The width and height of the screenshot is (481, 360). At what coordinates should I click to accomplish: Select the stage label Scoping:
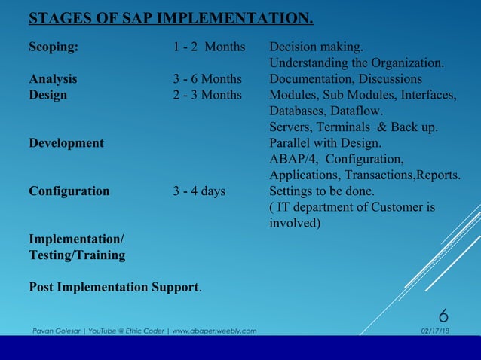54,47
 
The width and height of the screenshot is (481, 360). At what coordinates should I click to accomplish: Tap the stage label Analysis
53,79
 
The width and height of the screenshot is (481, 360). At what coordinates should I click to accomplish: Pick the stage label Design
47,95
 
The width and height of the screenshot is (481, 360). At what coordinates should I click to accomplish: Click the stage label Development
66,143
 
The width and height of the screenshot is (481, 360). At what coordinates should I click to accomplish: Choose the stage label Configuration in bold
69,191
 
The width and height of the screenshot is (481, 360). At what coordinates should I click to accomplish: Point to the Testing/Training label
77,255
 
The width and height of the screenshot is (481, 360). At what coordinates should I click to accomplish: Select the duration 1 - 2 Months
209,47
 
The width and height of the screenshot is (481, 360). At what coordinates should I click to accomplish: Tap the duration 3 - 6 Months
207,79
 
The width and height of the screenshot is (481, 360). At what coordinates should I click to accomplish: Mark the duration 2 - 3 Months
207,95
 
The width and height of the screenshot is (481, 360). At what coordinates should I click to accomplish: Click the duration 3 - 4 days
199,191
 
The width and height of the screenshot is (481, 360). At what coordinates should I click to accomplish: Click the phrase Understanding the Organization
357,63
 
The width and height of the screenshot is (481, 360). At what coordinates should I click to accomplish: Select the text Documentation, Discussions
345,79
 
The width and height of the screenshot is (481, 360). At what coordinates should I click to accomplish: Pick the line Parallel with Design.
326,143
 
